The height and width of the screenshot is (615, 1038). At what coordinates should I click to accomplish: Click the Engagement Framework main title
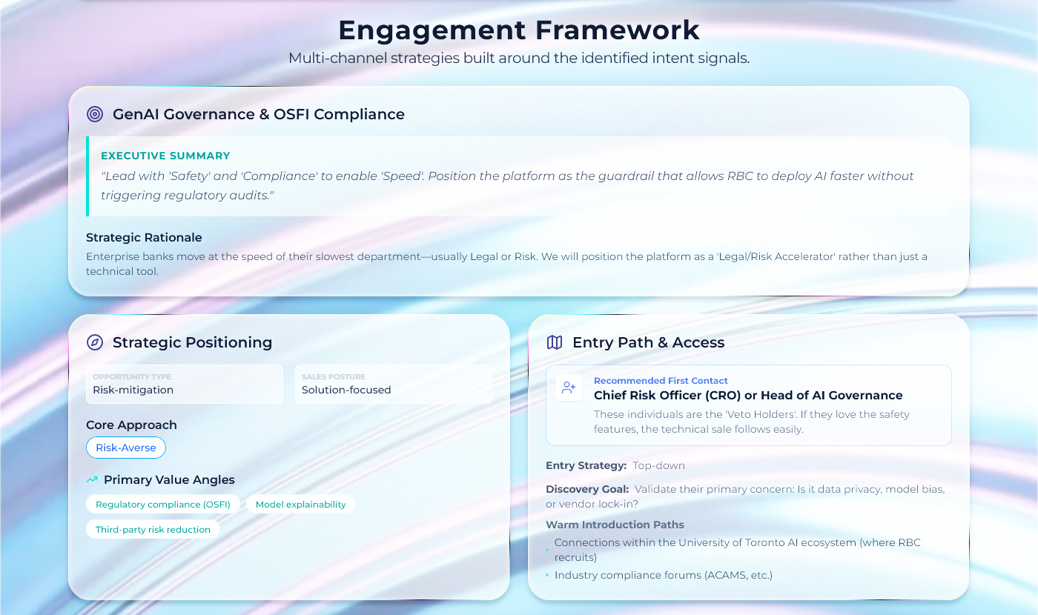(518, 30)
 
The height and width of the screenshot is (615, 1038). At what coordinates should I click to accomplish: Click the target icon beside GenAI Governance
(95, 114)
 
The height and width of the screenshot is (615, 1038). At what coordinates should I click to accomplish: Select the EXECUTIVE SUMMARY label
(165, 156)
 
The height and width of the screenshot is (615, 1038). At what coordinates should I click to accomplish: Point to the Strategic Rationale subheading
(144, 238)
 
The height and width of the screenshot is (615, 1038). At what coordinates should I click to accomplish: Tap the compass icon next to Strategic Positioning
(95, 342)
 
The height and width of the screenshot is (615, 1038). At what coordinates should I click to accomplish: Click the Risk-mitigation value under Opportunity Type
(133, 390)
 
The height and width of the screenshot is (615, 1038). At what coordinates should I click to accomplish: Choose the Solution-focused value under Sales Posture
(346, 390)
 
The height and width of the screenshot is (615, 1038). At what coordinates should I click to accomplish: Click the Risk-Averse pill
(126, 448)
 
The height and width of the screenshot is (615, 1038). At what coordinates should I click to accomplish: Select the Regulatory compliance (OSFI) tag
(162, 505)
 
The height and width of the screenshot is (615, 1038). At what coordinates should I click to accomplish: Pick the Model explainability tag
(301, 505)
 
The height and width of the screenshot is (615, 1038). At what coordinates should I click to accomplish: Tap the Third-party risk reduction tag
(153, 529)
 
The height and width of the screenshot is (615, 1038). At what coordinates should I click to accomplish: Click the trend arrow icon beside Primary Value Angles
(92, 480)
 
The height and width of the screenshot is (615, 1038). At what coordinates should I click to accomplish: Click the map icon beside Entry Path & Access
(555, 342)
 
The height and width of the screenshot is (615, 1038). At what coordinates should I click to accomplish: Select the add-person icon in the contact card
(569, 387)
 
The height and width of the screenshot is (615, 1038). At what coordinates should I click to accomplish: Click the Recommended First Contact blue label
(661, 381)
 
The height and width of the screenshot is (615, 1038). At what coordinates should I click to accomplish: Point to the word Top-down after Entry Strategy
(658, 465)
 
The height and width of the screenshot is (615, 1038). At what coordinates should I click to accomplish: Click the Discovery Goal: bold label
(587, 489)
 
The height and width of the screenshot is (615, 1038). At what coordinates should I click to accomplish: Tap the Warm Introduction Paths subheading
(615, 525)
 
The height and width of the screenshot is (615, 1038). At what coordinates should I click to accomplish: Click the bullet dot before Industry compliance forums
(547, 575)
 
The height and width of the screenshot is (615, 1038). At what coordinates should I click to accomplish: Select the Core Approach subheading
(132, 425)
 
